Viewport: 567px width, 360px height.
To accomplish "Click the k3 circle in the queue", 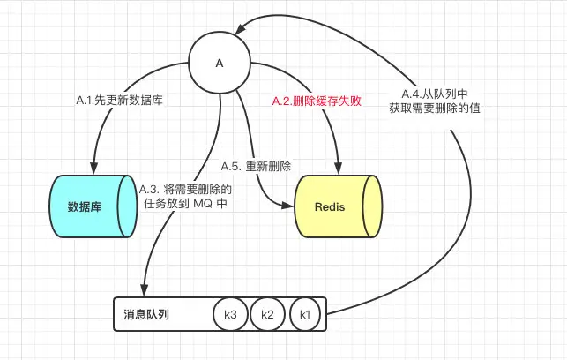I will click(x=231, y=314).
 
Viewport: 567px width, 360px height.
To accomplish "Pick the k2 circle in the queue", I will click(x=268, y=314).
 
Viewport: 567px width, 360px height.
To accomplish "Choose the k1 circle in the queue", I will click(x=305, y=314).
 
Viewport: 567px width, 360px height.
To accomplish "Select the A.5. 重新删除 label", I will click(x=256, y=165).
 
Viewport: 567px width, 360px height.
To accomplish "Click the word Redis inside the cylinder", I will click(x=330, y=207).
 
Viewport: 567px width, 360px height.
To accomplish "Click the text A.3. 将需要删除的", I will click(x=185, y=188).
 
